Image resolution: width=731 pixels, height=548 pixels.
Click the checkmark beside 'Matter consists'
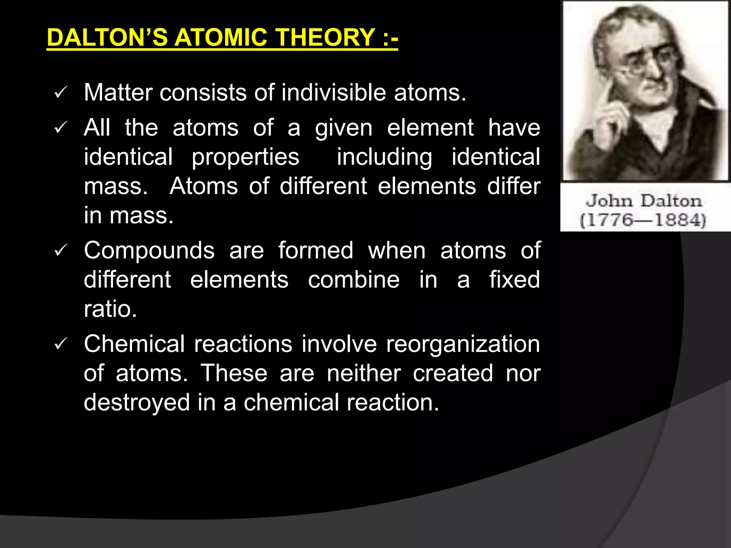pyautogui.click(x=60, y=93)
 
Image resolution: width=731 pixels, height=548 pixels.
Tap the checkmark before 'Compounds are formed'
pyautogui.click(x=60, y=251)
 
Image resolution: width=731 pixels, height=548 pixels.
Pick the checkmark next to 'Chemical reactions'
pyautogui.click(x=60, y=344)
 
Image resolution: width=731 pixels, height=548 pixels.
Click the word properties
pyautogui.click(x=245, y=157)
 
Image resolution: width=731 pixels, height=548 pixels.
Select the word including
pyautogui.click(x=384, y=157)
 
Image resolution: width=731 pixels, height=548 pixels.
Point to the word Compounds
pyautogui.click(x=149, y=250)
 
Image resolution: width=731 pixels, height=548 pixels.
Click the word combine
pyautogui.click(x=354, y=280)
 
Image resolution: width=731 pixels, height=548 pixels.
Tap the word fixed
pyautogui.click(x=514, y=280)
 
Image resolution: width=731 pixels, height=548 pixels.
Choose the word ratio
pyautogui.click(x=110, y=309)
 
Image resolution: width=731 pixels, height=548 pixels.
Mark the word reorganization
pyautogui.click(x=463, y=344)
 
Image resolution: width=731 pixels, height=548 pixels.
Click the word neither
pyautogui.click(x=364, y=374)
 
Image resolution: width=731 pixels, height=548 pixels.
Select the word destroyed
pyautogui.click(x=137, y=403)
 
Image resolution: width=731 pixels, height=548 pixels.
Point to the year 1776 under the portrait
pyautogui.click(x=605, y=220)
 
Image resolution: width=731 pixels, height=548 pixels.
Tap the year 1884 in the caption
pyautogui.click(x=678, y=220)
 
